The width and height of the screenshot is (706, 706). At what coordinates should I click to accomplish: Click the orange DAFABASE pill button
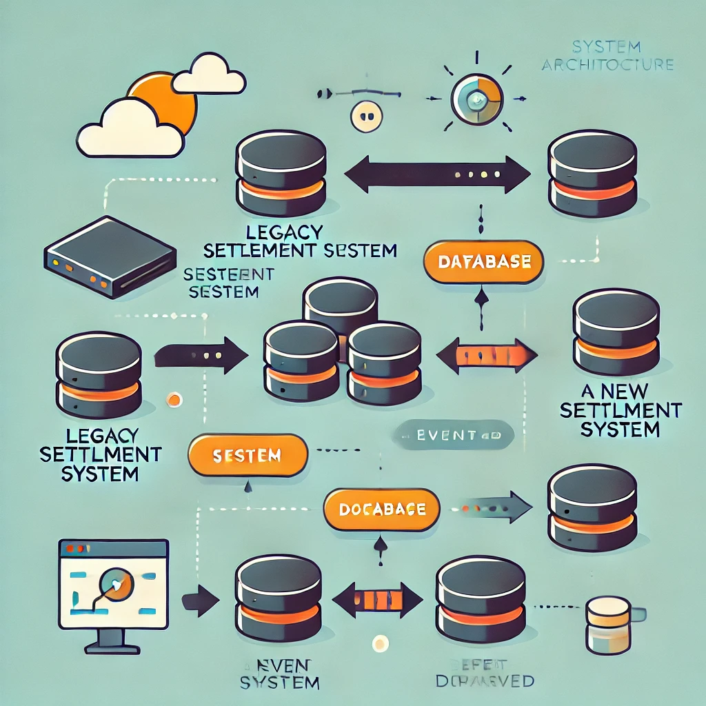483,262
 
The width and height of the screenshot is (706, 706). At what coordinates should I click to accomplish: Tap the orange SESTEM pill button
248,455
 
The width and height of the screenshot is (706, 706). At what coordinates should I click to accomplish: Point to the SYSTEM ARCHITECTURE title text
607,57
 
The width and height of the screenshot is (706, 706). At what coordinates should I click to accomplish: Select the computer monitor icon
113,587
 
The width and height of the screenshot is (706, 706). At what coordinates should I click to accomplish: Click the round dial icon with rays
477,101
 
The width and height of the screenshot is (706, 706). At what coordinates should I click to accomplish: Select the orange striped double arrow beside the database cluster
487,356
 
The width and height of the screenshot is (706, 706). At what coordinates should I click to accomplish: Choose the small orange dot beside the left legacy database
174,399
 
